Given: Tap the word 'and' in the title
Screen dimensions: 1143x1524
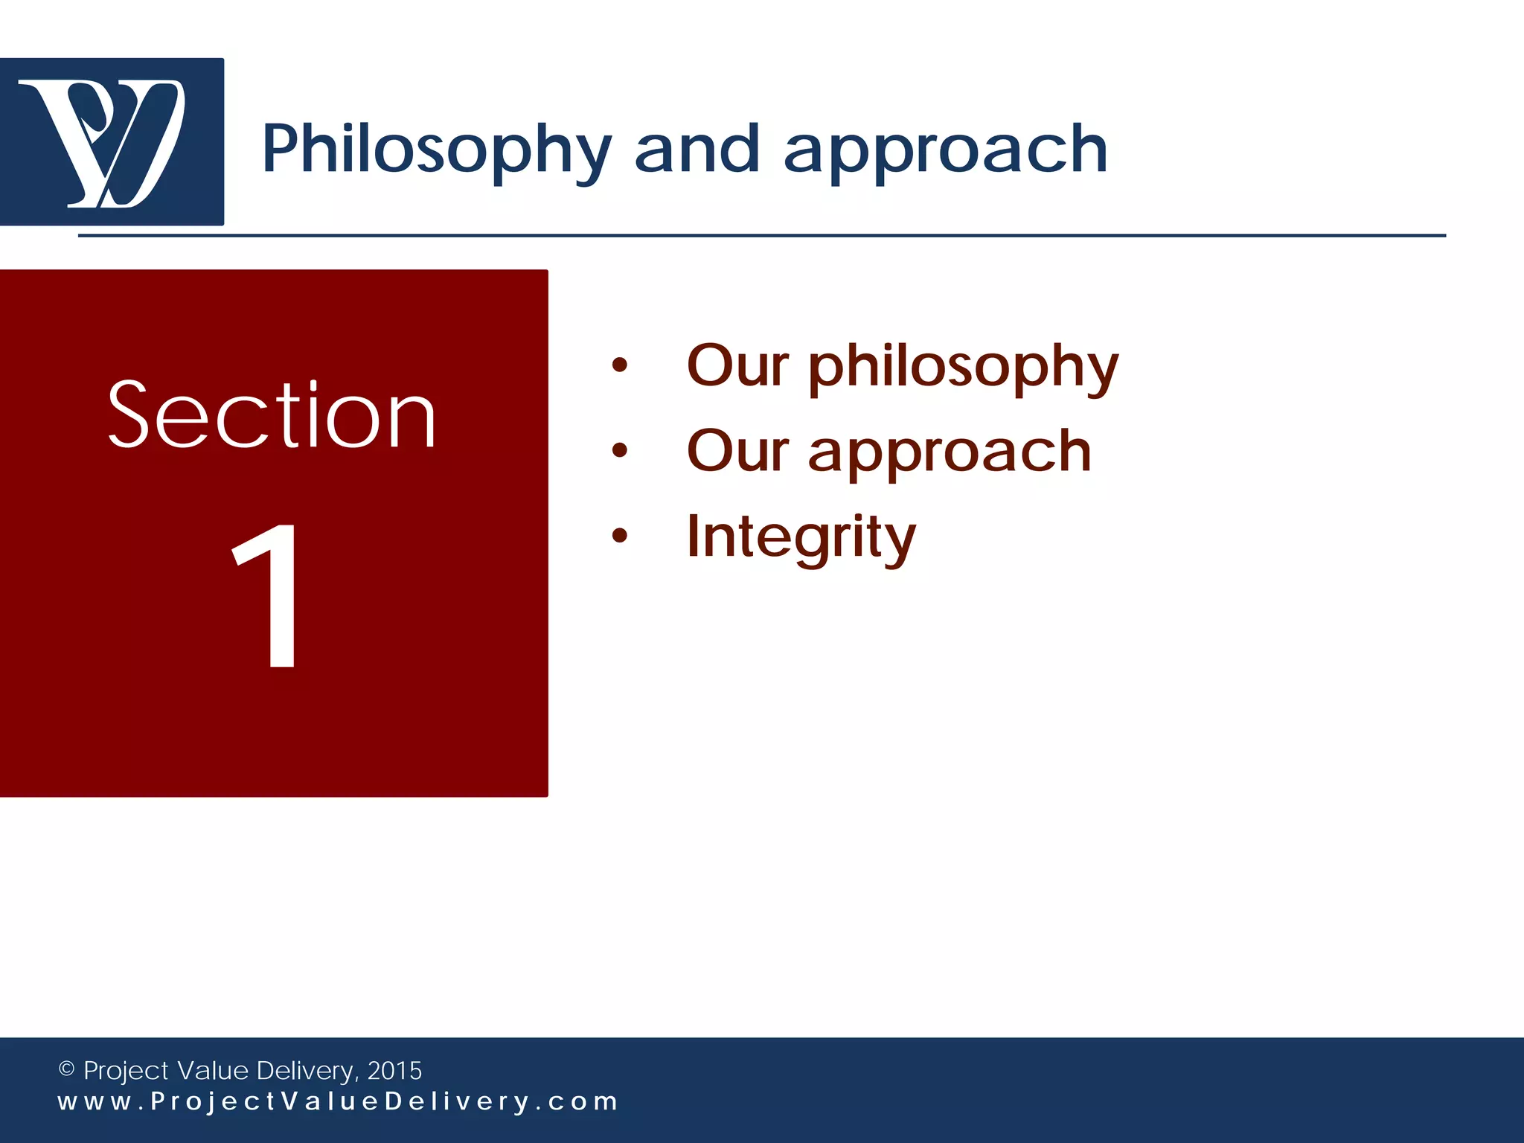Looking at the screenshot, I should [697, 150].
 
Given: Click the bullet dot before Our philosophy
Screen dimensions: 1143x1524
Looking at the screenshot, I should [619, 365].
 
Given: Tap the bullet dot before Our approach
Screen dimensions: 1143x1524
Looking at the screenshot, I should [619, 450].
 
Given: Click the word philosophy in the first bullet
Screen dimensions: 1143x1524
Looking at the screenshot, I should [963, 368].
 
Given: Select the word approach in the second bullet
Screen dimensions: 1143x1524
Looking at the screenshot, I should [950, 452].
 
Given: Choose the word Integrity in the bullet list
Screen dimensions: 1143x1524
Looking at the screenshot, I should [801, 537].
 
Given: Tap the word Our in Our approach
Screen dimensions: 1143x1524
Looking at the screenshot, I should [737, 451].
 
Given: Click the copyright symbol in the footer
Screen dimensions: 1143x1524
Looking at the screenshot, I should [66, 1069].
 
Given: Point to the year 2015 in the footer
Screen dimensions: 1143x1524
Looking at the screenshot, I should [394, 1070].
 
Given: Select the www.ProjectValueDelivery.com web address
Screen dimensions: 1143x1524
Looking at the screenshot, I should [338, 1101].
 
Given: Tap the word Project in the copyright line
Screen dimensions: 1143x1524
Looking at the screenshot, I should [126, 1071].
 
